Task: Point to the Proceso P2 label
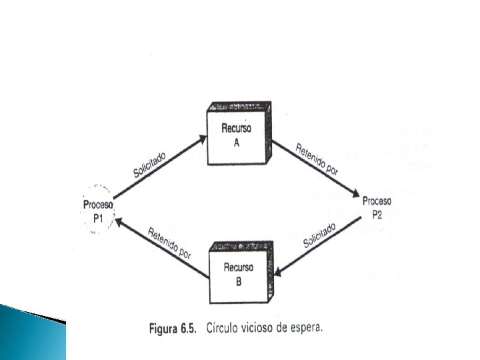(x=377, y=208)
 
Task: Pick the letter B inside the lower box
(x=238, y=280)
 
